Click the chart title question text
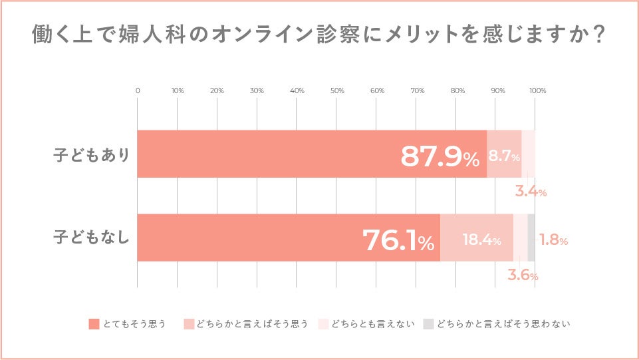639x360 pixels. [319, 36]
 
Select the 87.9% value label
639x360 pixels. [439, 156]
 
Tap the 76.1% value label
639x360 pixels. [398, 240]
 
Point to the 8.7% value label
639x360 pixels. [504, 156]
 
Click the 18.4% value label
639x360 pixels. [481, 240]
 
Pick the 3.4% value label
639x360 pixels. [531, 192]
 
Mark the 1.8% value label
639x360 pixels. [553, 240]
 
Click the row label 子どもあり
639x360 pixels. [91, 155]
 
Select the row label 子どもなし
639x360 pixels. [91, 238]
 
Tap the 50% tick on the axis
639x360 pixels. [337, 90]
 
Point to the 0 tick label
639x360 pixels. [138, 90]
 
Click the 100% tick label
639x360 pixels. [537, 90]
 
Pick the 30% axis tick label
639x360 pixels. [257, 90]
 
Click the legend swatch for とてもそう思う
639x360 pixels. [94, 324]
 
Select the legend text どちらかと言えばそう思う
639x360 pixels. [252, 324]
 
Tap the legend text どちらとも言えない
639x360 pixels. [373, 324]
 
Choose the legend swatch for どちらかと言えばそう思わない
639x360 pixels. [429, 324]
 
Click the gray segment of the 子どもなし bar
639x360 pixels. [531, 238]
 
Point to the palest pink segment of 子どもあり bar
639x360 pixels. [529, 154]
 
